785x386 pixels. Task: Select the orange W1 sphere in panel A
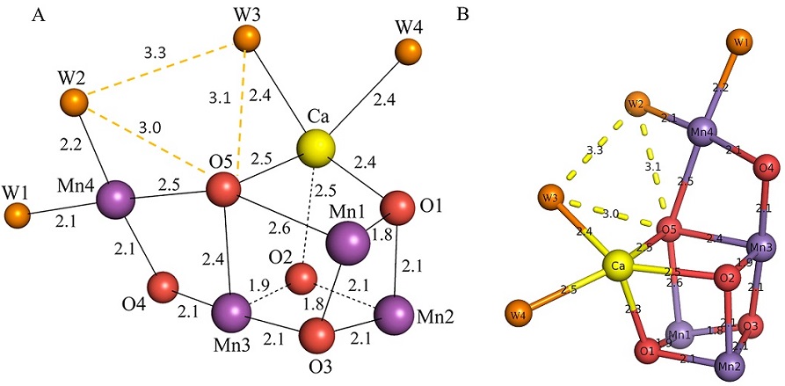coord(17,214)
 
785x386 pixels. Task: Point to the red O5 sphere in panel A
coord(223,188)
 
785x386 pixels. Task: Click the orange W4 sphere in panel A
coord(406,52)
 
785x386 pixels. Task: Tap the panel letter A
coord(37,13)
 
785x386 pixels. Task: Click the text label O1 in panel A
coord(432,205)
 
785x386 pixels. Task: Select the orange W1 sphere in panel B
coord(742,41)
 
